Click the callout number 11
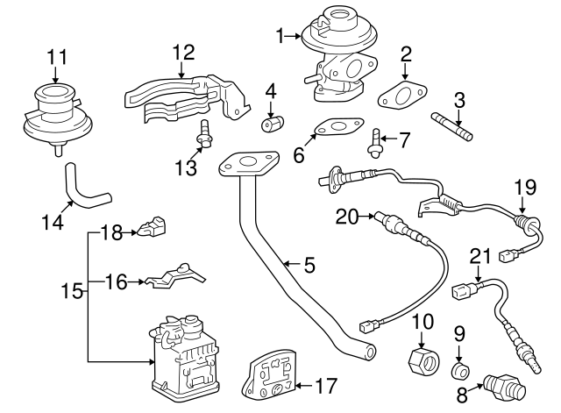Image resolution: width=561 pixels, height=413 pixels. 56,58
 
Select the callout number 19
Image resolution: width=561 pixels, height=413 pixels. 524,186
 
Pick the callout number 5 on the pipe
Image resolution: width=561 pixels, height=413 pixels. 308,262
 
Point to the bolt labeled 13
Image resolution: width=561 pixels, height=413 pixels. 204,137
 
